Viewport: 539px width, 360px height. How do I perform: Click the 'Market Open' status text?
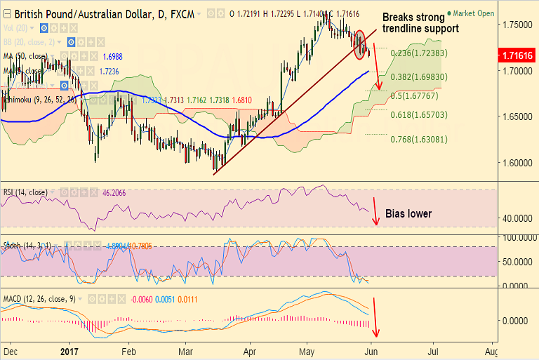[474, 13]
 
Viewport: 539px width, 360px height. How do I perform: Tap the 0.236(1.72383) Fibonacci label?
[418, 53]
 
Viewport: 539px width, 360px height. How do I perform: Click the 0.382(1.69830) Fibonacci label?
[418, 76]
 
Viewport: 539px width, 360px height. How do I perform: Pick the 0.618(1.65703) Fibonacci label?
[418, 114]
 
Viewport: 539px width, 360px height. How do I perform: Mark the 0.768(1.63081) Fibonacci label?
[418, 139]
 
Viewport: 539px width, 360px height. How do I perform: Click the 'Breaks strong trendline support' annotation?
[420, 22]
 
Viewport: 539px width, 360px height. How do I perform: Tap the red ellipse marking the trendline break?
[361, 44]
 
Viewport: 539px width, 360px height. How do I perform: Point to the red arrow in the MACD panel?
[377, 318]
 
